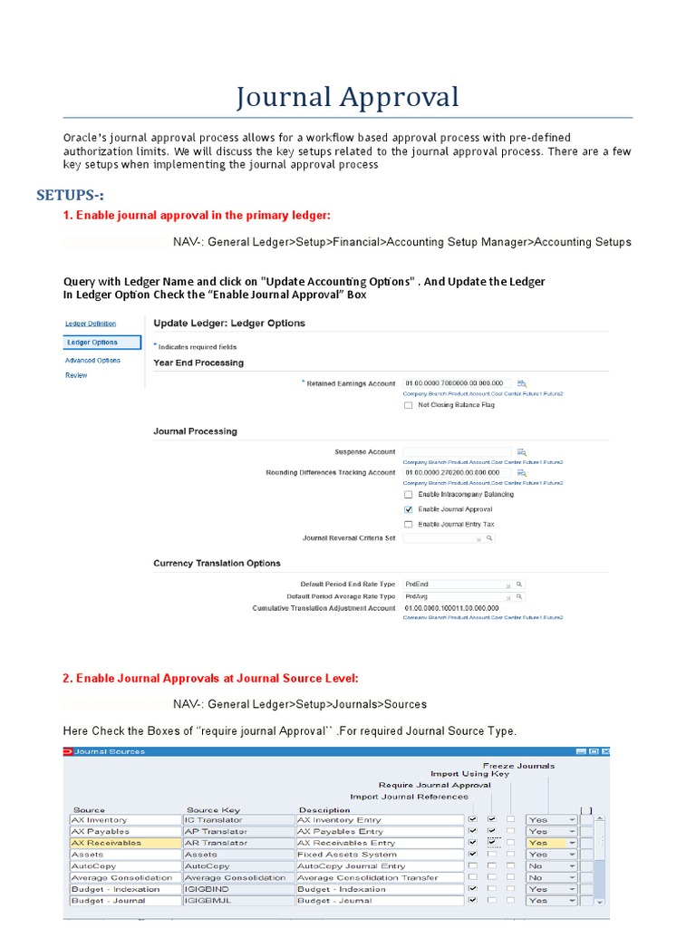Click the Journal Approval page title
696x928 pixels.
coord(348,96)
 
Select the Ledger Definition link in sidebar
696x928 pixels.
coord(90,324)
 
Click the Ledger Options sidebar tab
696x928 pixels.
coord(102,343)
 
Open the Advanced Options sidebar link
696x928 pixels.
coord(92,361)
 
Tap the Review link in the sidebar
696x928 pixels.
coord(76,375)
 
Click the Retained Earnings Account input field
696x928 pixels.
coord(458,383)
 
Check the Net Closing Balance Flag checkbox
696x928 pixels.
coord(408,405)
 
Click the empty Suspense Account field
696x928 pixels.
coord(458,451)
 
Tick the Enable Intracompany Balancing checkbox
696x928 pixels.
coord(408,495)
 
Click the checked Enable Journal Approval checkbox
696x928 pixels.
coord(408,509)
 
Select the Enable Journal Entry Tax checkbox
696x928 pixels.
coord(408,524)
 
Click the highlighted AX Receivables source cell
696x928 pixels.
coord(124,843)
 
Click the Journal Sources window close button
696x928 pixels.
coord(606,751)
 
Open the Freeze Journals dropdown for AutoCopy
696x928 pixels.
coord(572,866)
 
